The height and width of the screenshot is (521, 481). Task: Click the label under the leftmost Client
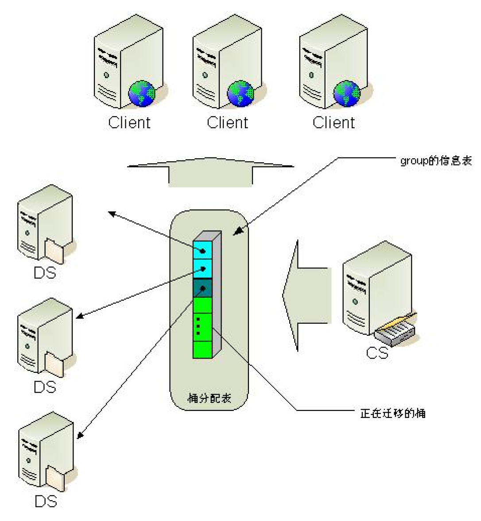[129, 123]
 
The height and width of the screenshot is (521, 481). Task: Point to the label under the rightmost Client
[334, 123]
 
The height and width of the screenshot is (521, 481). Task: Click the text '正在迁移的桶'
[393, 414]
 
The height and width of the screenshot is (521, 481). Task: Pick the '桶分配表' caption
[209, 398]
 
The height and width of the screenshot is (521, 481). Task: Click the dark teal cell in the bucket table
[202, 288]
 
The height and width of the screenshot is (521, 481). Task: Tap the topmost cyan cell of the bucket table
[202, 250]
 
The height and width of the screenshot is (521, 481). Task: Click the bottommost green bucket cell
[202, 349]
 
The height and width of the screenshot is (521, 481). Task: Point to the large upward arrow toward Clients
[210, 172]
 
